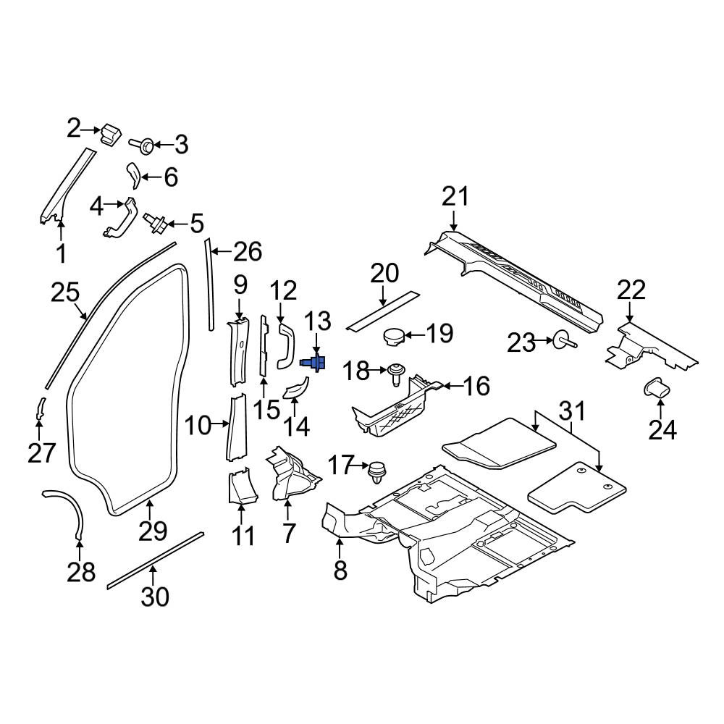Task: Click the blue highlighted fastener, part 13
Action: pyautogui.click(x=314, y=363)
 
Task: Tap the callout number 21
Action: pyautogui.click(x=455, y=197)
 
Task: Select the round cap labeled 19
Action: pyautogui.click(x=393, y=336)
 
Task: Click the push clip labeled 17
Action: pyautogui.click(x=377, y=472)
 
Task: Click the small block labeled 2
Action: pyautogui.click(x=110, y=135)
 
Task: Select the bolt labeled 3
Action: pyautogui.click(x=142, y=146)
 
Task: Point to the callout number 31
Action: pyautogui.click(x=573, y=411)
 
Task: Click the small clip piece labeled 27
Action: pyautogui.click(x=40, y=408)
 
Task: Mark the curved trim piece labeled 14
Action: pyautogui.click(x=295, y=388)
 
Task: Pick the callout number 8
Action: pyautogui.click(x=340, y=571)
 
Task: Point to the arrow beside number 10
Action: pyautogui.click(x=220, y=423)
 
